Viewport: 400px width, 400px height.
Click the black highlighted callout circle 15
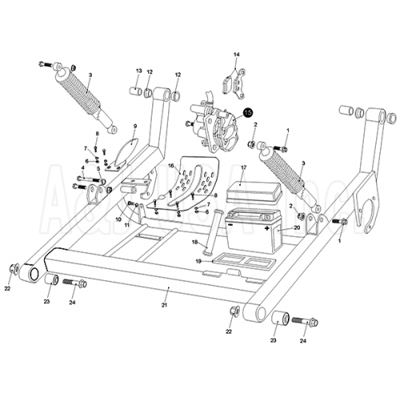point(248,114)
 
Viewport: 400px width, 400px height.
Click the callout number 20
point(297,228)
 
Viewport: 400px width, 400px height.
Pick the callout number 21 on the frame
point(165,305)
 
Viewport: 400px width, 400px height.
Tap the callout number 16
point(170,166)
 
